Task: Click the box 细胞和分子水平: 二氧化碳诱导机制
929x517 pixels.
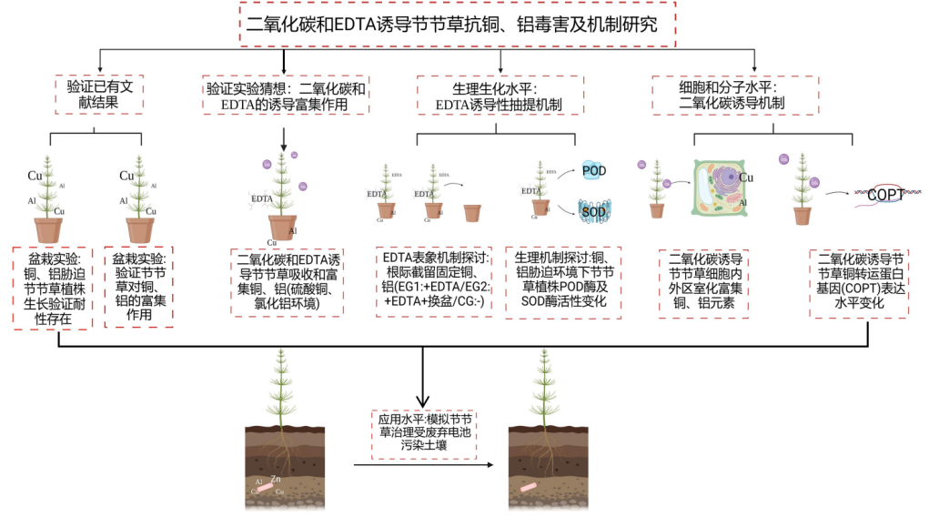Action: click(737, 95)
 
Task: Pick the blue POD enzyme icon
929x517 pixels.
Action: click(593, 171)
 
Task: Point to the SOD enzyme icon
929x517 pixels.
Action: click(593, 211)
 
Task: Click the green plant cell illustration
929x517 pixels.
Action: click(724, 188)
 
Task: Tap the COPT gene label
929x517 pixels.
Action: click(884, 194)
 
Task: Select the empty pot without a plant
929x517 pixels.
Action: click(472, 214)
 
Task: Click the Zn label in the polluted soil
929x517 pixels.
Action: click(276, 479)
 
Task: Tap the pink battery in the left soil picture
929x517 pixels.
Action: click(265, 488)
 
